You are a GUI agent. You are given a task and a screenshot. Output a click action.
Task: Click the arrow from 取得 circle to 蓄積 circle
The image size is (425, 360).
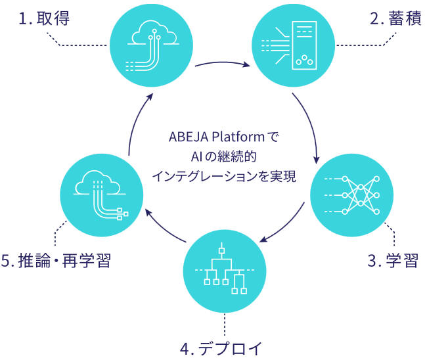point(221,66)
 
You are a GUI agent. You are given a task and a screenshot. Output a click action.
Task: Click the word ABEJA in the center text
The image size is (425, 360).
point(189,139)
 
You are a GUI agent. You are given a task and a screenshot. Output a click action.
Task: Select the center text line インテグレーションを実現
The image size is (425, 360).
point(223,176)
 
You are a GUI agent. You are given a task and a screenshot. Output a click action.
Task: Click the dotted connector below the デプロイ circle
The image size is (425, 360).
point(224,322)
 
